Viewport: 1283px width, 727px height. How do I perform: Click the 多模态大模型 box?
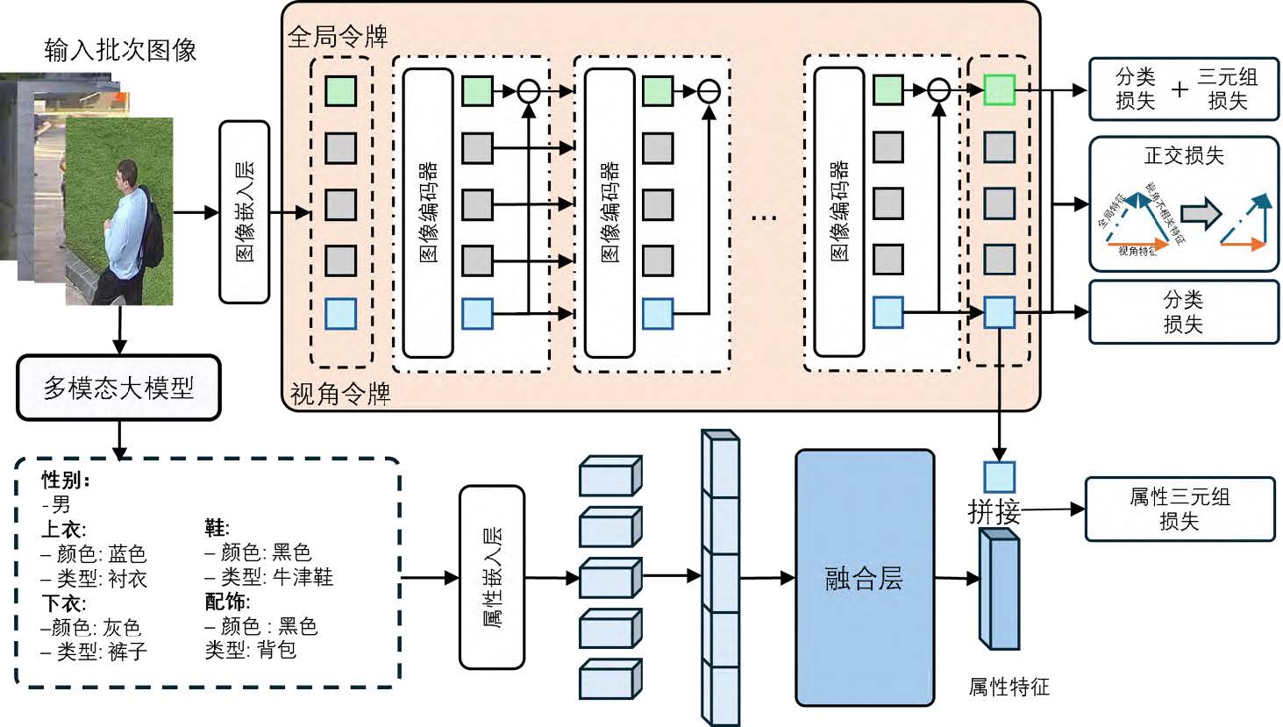[x=118, y=388]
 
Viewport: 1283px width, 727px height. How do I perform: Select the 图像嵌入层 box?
[x=244, y=212]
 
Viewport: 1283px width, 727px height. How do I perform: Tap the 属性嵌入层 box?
[x=492, y=577]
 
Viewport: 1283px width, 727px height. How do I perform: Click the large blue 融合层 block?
[x=864, y=578]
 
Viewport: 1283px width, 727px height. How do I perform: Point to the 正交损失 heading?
[x=1183, y=156]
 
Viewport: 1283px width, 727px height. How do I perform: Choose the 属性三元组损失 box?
[x=1180, y=510]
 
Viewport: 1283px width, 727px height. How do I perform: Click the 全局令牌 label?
[x=337, y=37]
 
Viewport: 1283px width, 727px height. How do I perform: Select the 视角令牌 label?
[x=339, y=394]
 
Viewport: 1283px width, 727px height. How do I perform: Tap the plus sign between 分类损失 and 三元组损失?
[x=1180, y=89]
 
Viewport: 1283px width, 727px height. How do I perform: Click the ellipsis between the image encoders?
[x=764, y=216]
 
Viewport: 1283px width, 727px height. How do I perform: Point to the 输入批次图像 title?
[x=120, y=50]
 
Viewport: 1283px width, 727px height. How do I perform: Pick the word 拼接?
[x=994, y=511]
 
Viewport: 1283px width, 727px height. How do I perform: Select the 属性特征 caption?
[x=1009, y=687]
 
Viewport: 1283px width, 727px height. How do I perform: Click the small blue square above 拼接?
[x=999, y=477]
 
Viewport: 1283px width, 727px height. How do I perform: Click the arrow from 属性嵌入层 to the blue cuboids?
[x=552, y=578]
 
